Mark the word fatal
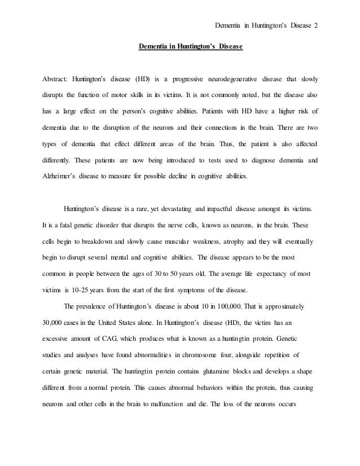[63, 225]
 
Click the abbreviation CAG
[112, 340]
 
